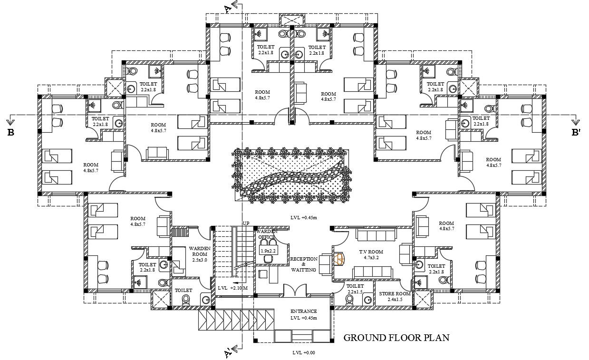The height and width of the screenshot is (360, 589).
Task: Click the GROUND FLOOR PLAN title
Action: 396,338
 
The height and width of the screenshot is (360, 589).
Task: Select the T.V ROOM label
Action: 371,252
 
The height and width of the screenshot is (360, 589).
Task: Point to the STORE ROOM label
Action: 395,294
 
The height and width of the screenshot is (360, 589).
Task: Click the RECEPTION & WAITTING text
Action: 303,264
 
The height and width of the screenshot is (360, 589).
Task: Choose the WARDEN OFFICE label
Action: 267,234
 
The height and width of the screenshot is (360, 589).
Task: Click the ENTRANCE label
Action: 303,311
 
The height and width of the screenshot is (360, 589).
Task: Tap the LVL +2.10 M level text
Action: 233,288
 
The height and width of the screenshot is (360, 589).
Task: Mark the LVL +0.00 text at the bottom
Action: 304,353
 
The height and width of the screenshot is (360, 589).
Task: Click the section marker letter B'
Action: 576,133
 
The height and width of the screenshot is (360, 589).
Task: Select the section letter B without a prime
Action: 10,133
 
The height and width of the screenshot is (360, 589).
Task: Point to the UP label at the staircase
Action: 246,224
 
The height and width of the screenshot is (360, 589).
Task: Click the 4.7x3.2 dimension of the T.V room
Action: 371,258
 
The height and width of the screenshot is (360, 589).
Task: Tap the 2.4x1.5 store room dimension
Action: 395,300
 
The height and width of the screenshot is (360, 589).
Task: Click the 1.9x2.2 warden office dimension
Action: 268,250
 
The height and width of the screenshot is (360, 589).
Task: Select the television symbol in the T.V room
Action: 339,258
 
